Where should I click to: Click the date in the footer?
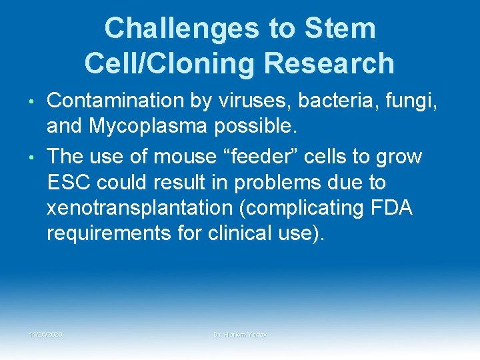tap(45, 333)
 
